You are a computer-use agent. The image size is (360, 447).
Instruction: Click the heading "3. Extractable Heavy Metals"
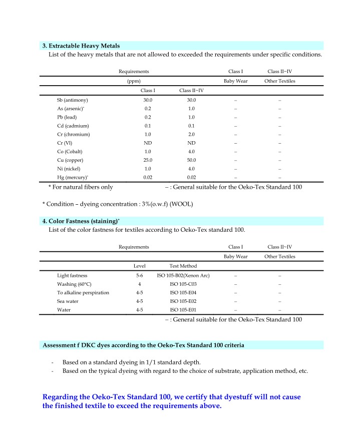[81, 46]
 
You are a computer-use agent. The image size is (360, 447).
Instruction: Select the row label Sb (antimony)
[73, 100]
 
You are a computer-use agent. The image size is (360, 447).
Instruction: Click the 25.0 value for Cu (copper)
[148, 160]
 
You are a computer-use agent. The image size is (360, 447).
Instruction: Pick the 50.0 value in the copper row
[191, 160]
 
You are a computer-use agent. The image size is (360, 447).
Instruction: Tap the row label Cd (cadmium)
[73, 126]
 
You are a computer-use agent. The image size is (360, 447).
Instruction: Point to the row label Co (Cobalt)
[70, 151]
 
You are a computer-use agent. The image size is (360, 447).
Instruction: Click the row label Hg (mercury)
[72, 177]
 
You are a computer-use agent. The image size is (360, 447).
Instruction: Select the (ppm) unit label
[134, 81]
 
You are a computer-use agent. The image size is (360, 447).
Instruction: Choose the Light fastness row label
[72, 275]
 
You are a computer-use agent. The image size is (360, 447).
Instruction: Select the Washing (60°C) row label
[74, 284]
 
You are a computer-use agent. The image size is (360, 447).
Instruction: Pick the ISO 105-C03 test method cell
[183, 284]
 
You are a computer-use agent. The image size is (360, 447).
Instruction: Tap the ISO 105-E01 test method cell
[183, 310]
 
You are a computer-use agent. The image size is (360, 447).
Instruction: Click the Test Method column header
[183, 266]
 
